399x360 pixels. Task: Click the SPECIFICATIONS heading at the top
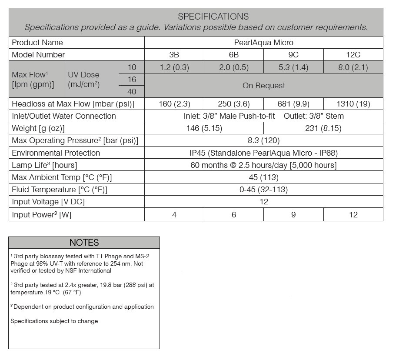point(213,17)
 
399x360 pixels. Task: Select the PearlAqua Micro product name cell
point(263,43)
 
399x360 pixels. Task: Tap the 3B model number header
point(174,55)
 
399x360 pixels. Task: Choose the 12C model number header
point(353,55)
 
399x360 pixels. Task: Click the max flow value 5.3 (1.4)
point(293,67)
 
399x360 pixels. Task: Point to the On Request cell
point(263,86)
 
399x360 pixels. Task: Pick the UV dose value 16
point(132,79)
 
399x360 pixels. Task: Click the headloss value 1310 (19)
point(353,104)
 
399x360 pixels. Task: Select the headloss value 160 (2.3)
point(174,104)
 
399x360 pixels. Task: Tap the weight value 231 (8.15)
point(323,128)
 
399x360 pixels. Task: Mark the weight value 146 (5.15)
point(204,128)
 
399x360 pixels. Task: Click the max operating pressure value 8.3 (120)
point(263,140)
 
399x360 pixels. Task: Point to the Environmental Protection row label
point(56,153)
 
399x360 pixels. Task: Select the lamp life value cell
point(263,165)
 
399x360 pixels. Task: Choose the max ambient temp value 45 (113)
point(263,177)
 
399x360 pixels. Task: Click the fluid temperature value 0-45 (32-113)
point(263,190)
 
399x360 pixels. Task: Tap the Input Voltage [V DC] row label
point(48,202)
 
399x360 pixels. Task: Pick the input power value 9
point(293,214)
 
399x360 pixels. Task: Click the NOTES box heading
point(84,243)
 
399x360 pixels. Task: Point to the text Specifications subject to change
point(54,321)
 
